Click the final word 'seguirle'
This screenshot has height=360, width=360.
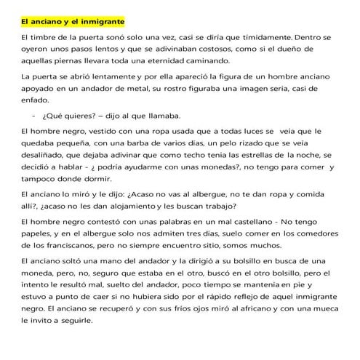[x=100, y=319]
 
